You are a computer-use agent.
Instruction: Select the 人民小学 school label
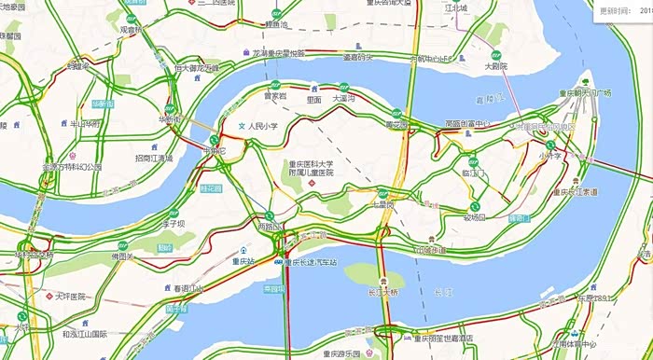click(263, 125)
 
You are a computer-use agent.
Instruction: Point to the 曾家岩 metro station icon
click(273, 85)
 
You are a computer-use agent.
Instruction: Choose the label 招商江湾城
click(153, 159)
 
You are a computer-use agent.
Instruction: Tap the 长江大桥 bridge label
click(382, 292)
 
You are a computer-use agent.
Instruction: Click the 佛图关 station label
click(123, 256)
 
